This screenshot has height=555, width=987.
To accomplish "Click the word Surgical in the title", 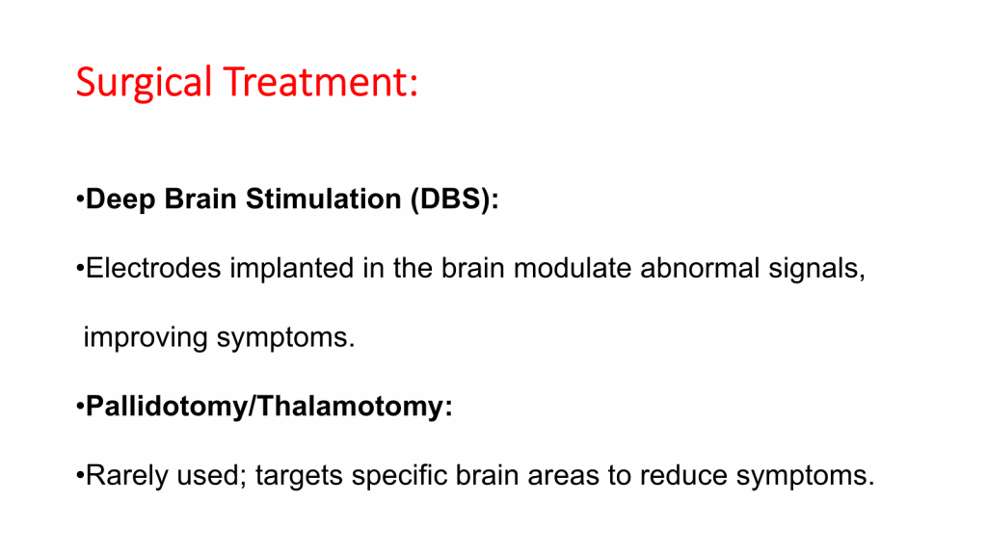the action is coord(144,83).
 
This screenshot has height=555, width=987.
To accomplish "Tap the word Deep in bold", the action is coord(120,199).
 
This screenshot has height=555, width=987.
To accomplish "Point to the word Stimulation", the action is coord(324,198).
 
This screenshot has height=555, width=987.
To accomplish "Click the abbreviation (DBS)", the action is coord(451,199).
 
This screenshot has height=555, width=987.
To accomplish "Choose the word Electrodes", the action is coord(153,268).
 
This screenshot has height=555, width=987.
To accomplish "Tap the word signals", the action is coord(813,269).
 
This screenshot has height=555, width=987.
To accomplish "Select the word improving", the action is coord(146,338).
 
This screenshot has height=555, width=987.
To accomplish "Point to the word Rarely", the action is coord(127,475).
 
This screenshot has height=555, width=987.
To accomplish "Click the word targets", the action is coord(299,476).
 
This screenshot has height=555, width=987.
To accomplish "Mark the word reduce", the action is coord(683,475).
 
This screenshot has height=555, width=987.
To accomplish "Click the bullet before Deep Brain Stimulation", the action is coord(80,199).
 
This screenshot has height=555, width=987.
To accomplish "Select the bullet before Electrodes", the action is coord(80,269).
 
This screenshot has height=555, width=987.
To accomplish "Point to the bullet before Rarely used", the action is coord(80,476).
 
